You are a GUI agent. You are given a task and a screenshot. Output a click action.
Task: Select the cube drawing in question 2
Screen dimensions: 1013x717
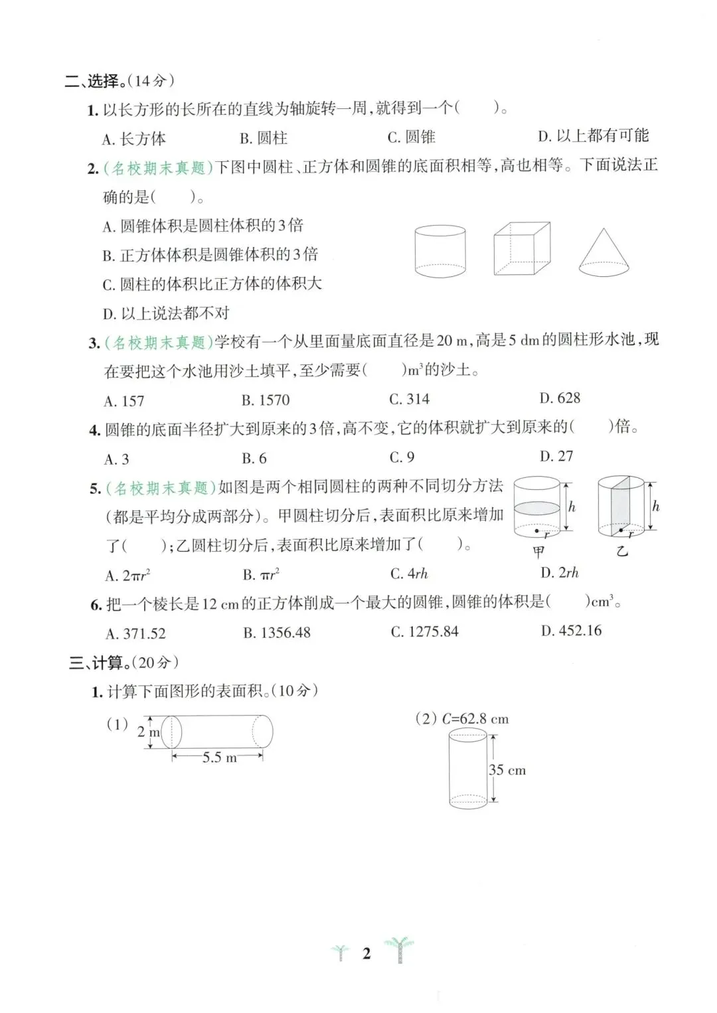pyautogui.click(x=522, y=248)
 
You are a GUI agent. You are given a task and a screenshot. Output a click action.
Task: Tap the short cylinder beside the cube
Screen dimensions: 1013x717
pyautogui.click(x=439, y=251)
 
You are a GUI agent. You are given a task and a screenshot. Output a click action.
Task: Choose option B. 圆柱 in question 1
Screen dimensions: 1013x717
pyautogui.click(x=264, y=138)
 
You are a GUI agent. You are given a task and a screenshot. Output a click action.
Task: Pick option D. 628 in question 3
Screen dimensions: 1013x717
pyautogui.click(x=560, y=398)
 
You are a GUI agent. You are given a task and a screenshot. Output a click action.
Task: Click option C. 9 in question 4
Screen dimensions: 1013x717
pyautogui.click(x=402, y=457)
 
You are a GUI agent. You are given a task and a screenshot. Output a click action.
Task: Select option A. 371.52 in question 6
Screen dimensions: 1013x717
pyautogui.click(x=135, y=633)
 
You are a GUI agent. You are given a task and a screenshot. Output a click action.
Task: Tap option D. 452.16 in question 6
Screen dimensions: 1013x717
pyautogui.click(x=571, y=631)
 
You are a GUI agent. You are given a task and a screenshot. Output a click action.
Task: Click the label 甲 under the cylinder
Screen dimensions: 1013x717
pyautogui.click(x=538, y=552)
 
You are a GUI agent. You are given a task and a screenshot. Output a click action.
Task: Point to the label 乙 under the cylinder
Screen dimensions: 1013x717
pyautogui.click(x=622, y=551)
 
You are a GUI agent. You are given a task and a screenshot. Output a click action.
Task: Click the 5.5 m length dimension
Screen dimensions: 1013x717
pyautogui.click(x=219, y=757)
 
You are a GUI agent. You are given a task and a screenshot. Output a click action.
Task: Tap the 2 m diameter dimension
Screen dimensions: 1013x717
pyautogui.click(x=148, y=732)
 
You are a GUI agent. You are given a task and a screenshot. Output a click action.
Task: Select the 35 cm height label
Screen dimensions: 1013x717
pyautogui.click(x=507, y=770)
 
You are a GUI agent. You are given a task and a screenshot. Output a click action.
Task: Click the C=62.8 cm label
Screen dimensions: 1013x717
pyautogui.click(x=475, y=719)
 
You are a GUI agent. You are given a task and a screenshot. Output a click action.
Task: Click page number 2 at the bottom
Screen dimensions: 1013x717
pyautogui.click(x=366, y=954)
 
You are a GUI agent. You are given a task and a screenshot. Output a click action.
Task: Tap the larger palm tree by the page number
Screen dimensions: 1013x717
pyautogui.click(x=400, y=949)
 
